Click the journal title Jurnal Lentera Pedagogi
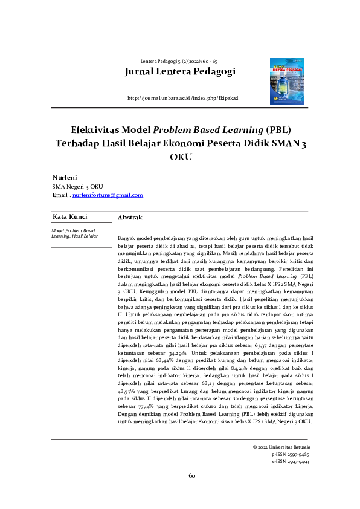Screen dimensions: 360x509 coord(179,72)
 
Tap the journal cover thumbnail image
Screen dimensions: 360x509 coord(288,79)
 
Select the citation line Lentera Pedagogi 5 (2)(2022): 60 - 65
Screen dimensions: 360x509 coord(179,62)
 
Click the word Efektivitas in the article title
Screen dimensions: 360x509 coord(99,130)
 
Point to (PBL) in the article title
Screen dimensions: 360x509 coord(277,130)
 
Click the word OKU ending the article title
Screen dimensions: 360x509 coord(181,157)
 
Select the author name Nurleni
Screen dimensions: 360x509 coord(65,178)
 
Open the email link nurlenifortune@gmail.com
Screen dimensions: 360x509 coord(108,195)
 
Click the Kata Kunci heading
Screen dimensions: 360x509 coord(69,216)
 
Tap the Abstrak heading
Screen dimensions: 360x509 coord(129,217)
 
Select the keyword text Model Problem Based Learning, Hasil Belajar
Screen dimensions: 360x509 coord(74,233)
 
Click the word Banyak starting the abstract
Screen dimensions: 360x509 coord(126,239)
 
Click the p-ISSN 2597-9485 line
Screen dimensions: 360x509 coord(291,453)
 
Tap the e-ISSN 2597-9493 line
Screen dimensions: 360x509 coord(291,461)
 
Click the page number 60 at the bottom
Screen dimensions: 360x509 coord(191,476)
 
